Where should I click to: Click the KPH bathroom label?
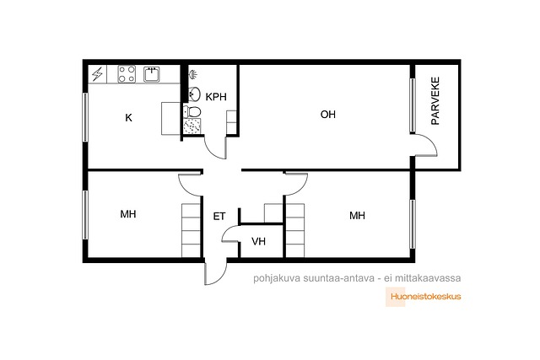(216, 97)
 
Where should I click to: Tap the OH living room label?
(328, 115)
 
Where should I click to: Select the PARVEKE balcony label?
(435, 100)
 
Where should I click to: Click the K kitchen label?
(128, 118)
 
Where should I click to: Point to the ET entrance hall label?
(219, 216)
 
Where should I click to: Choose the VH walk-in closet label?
(259, 241)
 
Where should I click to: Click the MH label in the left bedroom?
(128, 214)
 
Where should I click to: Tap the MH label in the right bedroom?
(357, 216)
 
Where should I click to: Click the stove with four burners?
(127, 74)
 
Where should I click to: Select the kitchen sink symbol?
(152, 74)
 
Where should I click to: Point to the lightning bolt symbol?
(98, 74)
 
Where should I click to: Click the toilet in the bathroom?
(192, 111)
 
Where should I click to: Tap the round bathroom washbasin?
(195, 94)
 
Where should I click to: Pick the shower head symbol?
(193, 74)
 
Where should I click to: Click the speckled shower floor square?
(192, 126)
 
